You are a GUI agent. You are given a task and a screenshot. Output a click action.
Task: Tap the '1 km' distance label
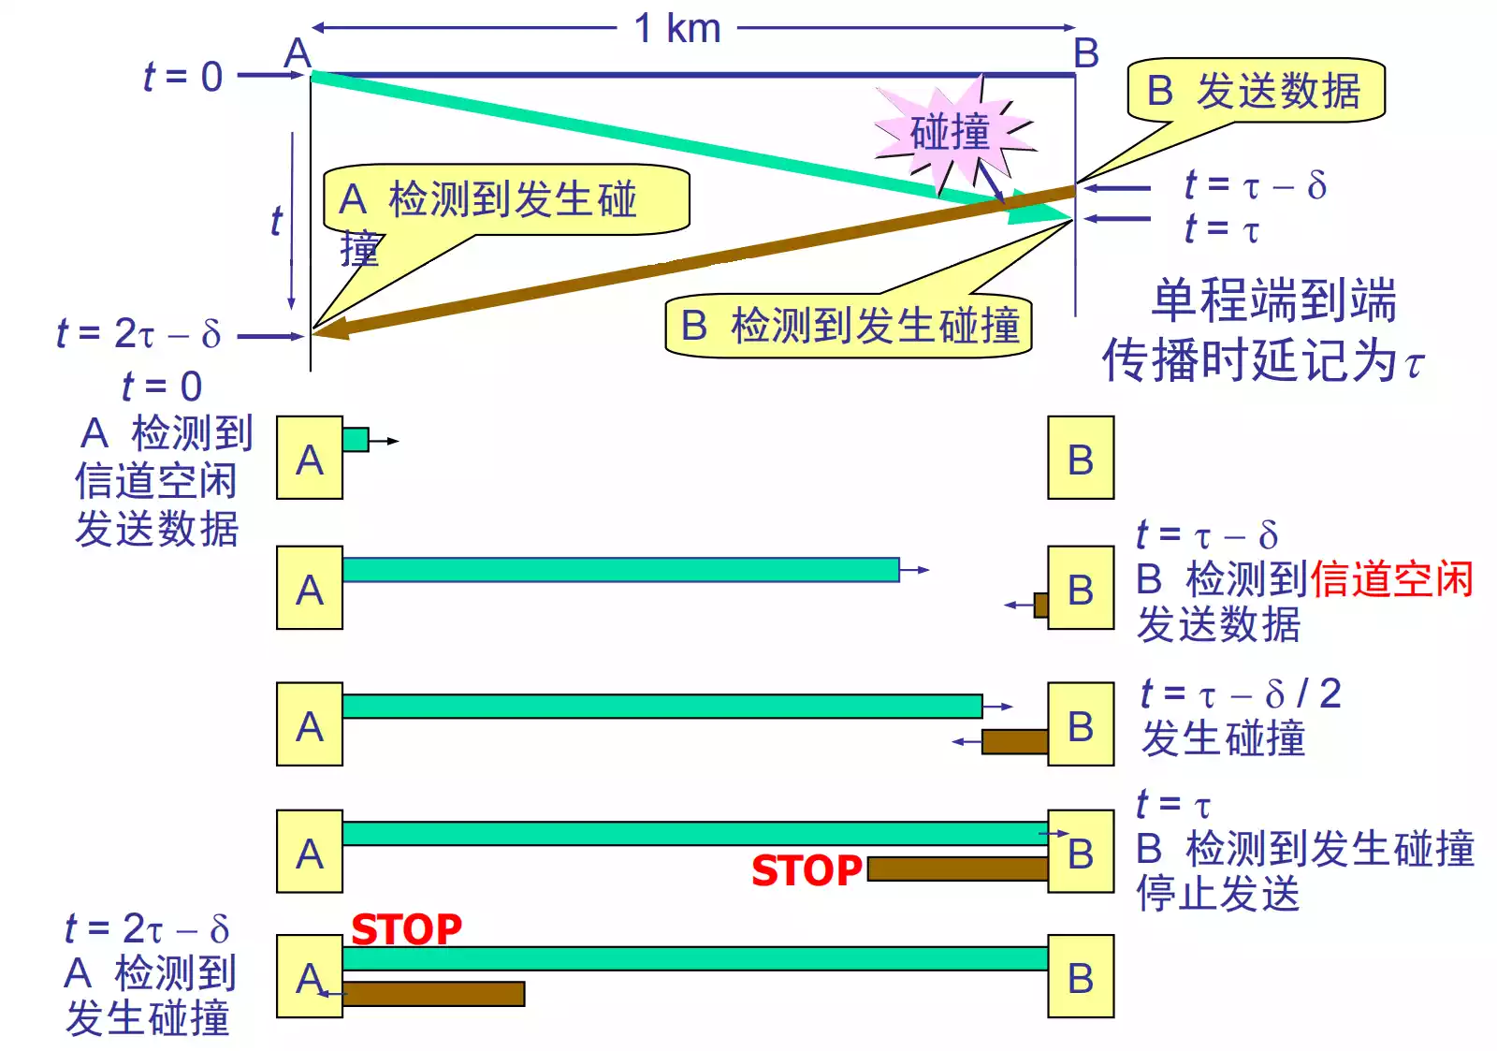click(677, 28)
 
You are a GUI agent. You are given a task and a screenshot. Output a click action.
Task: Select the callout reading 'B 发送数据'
click(1256, 91)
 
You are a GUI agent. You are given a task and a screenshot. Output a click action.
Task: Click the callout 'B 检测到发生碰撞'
click(849, 326)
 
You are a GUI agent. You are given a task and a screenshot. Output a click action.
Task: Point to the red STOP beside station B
click(807, 870)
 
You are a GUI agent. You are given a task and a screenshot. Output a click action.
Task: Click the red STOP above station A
click(406, 929)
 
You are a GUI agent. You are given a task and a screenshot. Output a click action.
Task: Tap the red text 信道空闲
click(1391, 579)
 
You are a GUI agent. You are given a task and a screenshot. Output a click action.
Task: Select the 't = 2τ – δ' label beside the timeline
click(138, 333)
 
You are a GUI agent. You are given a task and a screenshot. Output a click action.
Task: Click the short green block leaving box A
click(356, 439)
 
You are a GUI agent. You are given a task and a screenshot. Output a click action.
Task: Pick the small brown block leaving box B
click(1040, 606)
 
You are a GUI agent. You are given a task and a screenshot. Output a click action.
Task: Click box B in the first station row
click(1081, 458)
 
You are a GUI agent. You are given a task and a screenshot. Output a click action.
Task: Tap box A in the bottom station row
click(310, 976)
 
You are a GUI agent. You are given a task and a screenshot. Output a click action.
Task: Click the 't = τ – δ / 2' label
click(1240, 694)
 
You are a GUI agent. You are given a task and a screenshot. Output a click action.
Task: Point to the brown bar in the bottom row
click(433, 994)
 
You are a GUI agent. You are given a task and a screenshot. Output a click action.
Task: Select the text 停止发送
click(1217, 893)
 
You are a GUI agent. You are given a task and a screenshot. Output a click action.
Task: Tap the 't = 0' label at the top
click(183, 77)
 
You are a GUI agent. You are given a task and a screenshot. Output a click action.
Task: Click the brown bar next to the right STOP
click(958, 869)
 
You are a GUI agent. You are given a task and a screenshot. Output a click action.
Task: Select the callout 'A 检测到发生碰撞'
click(505, 200)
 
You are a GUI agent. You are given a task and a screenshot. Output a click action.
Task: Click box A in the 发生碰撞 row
click(310, 724)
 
